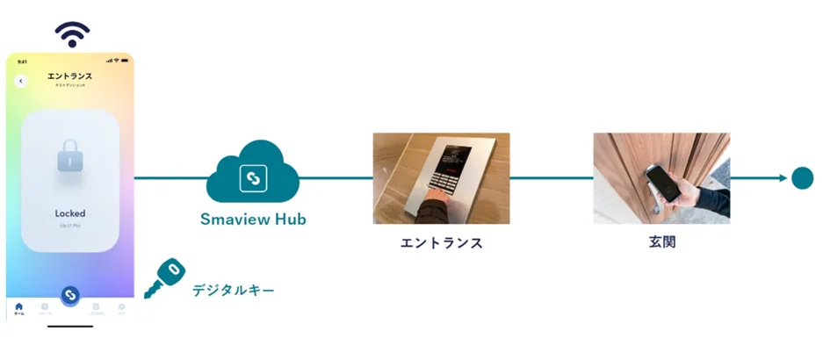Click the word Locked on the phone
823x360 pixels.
pyautogui.click(x=70, y=213)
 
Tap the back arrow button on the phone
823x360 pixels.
pyautogui.click(x=21, y=81)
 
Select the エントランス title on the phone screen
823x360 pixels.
pyautogui.click(x=70, y=76)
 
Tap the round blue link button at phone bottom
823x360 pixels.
pyautogui.click(x=71, y=294)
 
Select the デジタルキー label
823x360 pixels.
pyautogui.click(x=234, y=289)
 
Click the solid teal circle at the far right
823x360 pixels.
pyautogui.click(x=802, y=177)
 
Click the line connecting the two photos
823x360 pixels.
pyautogui.click(x=551, y=177)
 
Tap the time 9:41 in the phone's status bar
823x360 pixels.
pyautogui.click(x=22, y=61)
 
